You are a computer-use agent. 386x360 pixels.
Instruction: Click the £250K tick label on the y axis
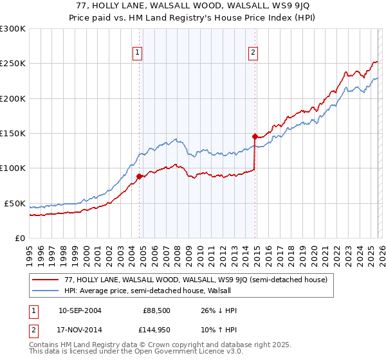(13, 64)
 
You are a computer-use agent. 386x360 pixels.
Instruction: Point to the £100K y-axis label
(13, 168)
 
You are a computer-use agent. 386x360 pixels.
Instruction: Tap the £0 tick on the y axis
(20, 239)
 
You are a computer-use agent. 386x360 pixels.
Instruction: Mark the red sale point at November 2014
(255, 136)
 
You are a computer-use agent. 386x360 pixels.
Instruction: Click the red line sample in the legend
(46, 280)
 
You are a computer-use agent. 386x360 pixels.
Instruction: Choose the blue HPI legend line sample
(46, 291)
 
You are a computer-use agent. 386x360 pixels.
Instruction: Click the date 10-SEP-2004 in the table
(80, 311)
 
